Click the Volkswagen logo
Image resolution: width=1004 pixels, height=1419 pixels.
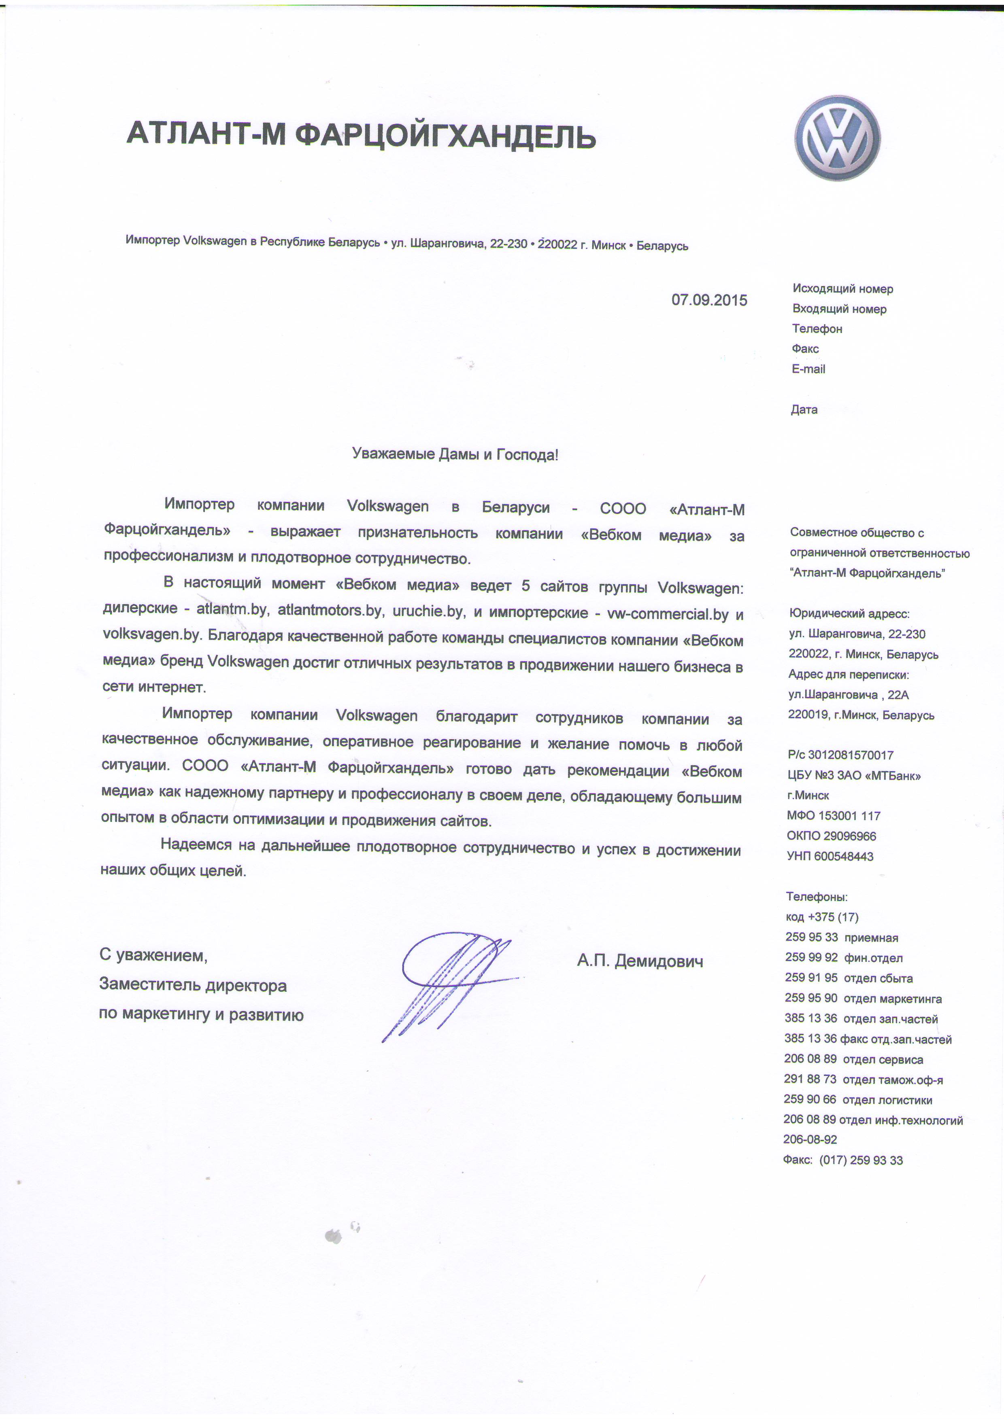[838, 138]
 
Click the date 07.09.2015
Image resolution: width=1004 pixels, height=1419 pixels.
[709, 300]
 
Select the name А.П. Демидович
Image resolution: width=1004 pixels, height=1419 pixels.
[640, 961]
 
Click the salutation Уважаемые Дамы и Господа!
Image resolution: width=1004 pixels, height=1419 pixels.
[455, 455]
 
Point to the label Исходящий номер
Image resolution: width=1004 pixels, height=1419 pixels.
[842, 288]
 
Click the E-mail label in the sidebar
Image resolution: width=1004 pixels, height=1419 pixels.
[808, 369]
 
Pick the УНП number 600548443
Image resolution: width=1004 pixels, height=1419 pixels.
[843, 857]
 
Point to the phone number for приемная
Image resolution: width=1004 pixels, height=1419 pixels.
[812, 937]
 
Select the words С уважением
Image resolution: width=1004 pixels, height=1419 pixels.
[153, 955]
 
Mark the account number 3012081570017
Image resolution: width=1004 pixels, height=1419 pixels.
[850, 755]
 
